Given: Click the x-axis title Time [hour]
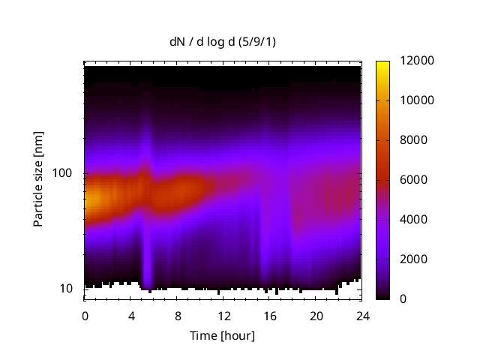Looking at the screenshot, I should [x=221, y=335].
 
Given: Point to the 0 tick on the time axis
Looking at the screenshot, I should [x=85, y=316].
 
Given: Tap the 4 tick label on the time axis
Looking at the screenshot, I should [x=131, y=316].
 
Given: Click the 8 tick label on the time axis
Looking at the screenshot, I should [x=178, y=316].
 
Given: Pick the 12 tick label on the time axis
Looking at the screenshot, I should [x=223, y=316].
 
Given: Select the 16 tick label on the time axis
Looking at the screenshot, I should [x=270, y=316].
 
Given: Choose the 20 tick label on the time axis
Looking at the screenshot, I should [x=316, y=316].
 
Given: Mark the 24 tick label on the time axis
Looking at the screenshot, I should [x=363, y=316].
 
